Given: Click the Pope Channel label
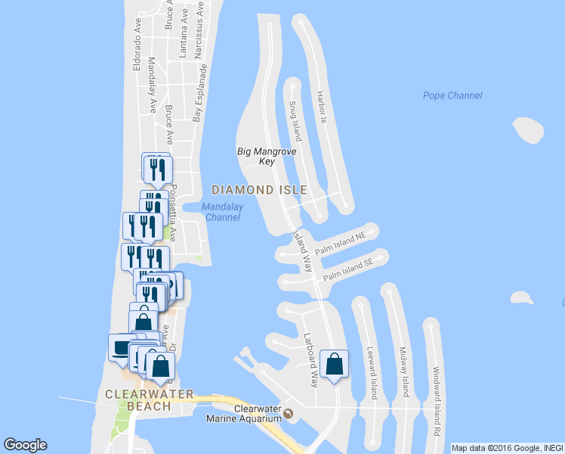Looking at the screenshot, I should point(452,95).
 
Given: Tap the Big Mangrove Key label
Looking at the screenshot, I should point(256,156).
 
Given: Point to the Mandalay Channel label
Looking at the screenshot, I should point(223,211).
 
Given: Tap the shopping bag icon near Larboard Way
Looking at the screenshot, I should point(334,365).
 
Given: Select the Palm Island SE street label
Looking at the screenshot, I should point(348,271).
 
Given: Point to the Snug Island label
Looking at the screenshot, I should point(295,122).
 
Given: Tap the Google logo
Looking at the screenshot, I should point(25,445).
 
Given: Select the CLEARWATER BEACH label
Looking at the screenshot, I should point(149,400).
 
